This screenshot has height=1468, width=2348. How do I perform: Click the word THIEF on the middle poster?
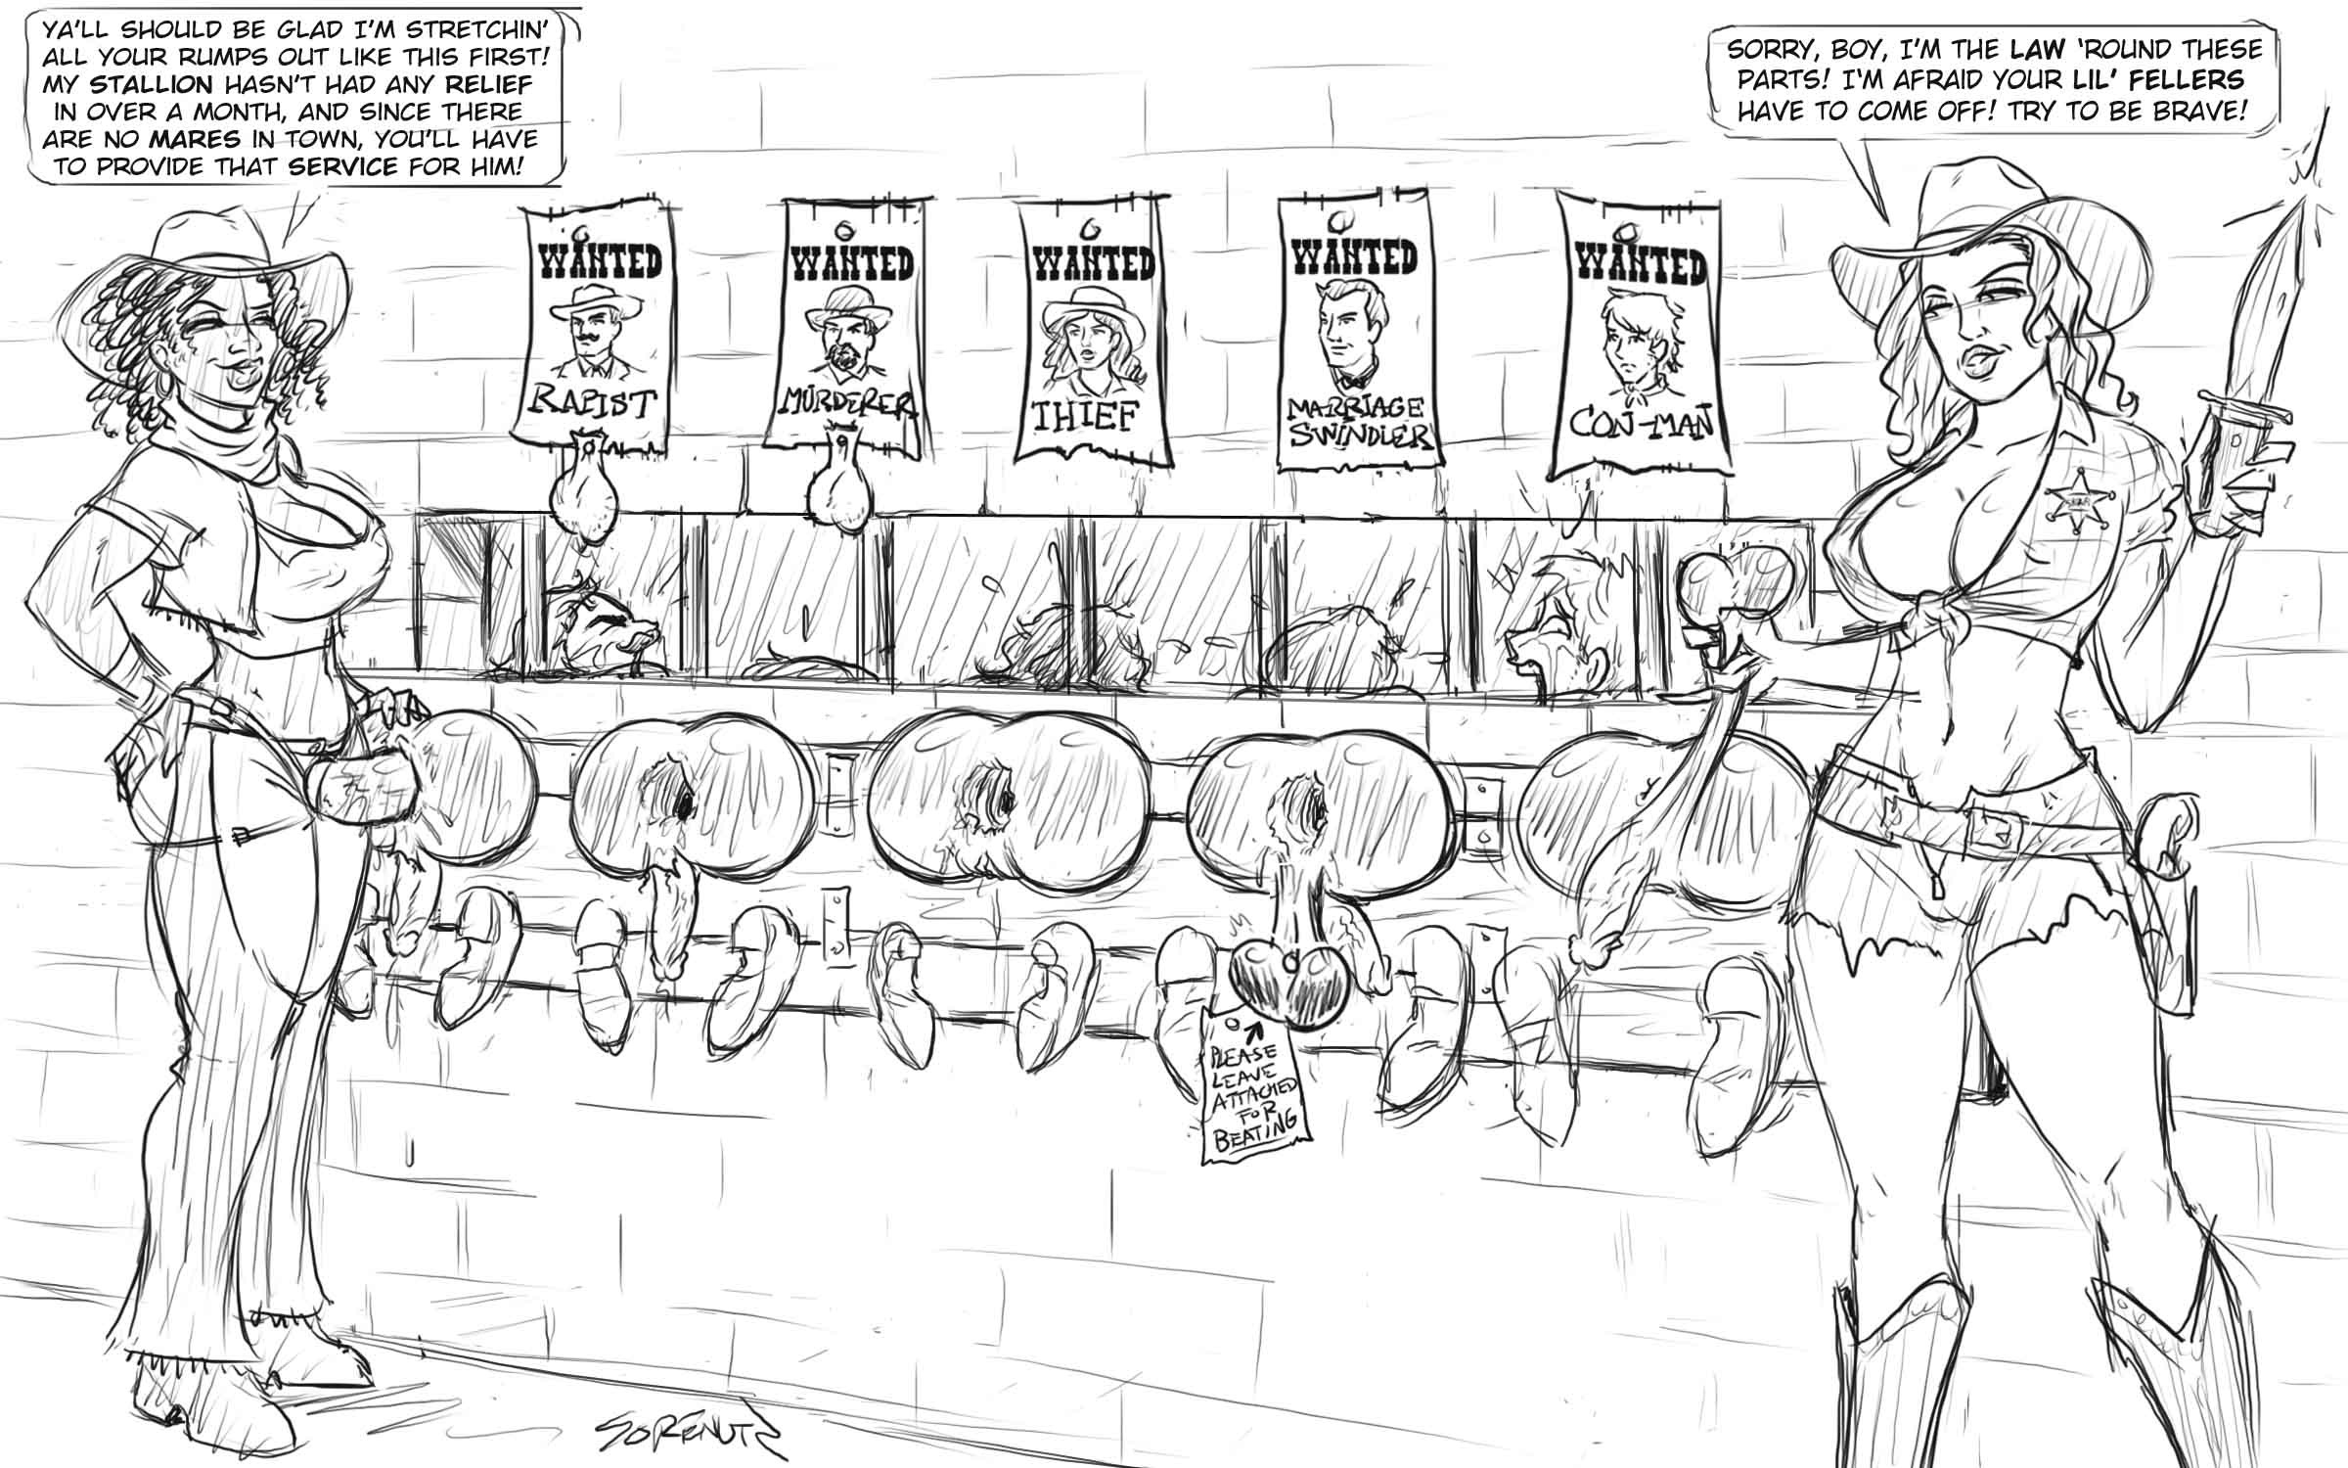pos(1086,417)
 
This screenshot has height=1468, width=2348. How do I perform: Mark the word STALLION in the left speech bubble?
pos(153,85)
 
